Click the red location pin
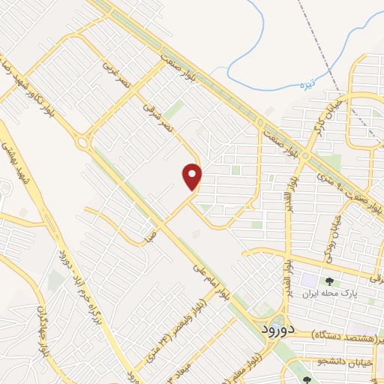(x=193, y=175)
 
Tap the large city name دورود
(x=279, y=328)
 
